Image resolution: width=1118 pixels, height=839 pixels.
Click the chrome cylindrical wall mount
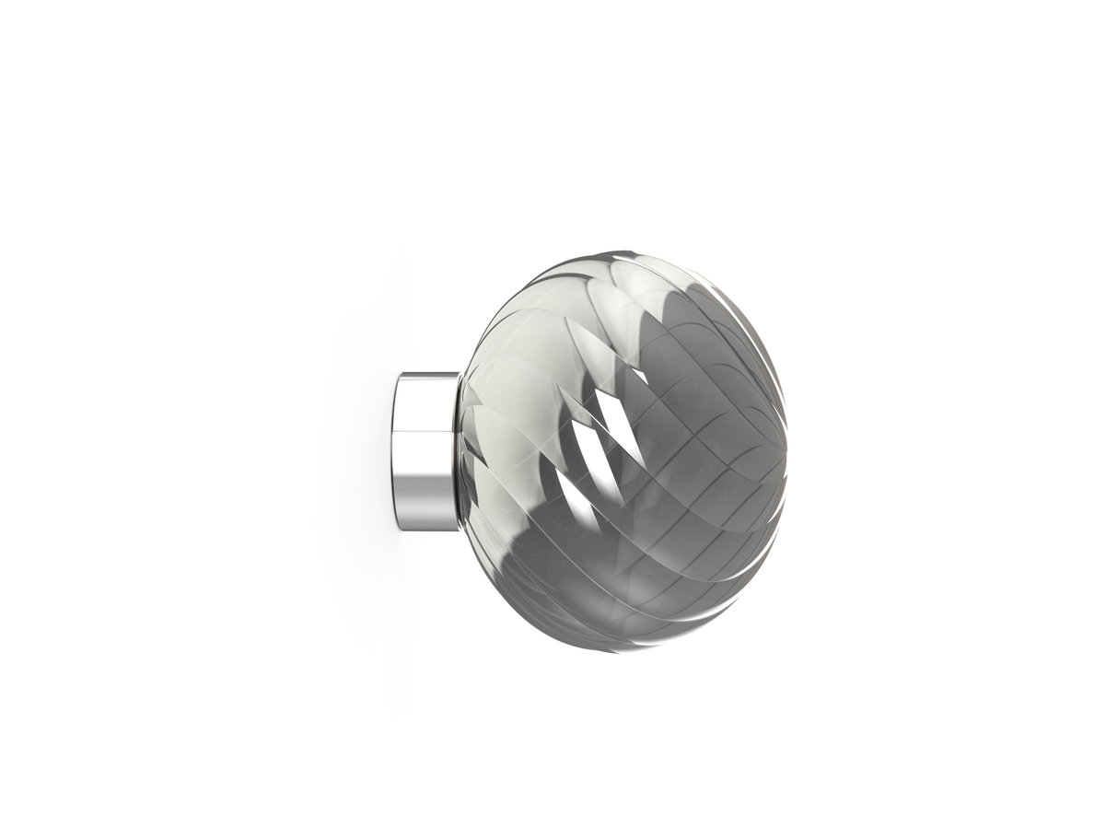click(x=425, y=451)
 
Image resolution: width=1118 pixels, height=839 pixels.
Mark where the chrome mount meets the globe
click(x=459, y=451)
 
